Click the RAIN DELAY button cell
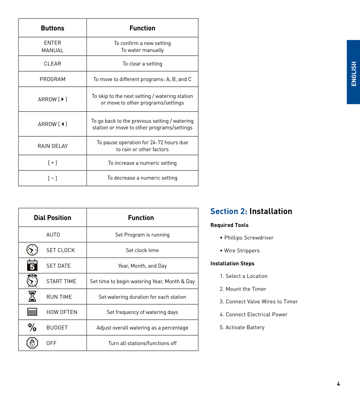coord(53,146)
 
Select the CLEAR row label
coord(53,64)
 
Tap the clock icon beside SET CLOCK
coord(32,250)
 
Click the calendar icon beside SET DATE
coord(32,265)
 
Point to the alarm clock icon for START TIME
coord(32,281)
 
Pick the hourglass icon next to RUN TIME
coord(32,296)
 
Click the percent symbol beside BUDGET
coord(32,327)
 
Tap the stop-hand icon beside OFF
coord(32,343)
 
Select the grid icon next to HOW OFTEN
coord(32,312)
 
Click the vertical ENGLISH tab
coord(353,72)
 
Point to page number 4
coord(338,384)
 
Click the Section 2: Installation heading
coord(251,211)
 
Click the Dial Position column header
coord(53,218)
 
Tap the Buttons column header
coord(53,28)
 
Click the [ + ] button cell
coord(53,163)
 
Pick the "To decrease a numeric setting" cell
coord(142,178)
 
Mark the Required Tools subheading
coord(229,225)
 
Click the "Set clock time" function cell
coord(142,250)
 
